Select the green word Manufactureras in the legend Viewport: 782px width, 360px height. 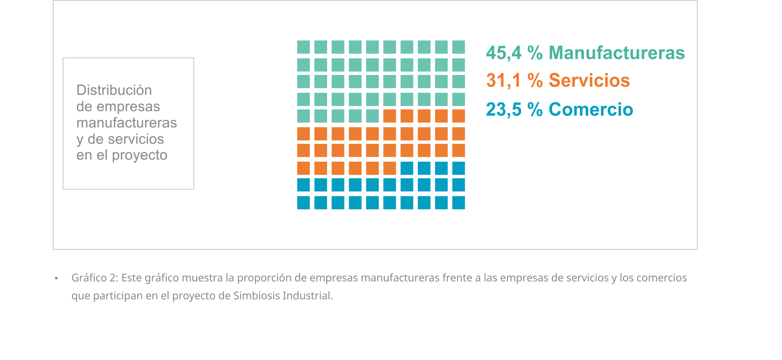click(617, 53)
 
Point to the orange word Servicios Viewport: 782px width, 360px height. click(589, 80)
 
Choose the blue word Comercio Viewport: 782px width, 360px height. click(591, 109)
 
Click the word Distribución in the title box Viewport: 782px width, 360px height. click(114, 90)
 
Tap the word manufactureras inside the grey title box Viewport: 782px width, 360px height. click(126, 123)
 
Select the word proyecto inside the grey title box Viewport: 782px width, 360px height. click(139, 155)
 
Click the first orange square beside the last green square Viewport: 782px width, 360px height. click(390, 116)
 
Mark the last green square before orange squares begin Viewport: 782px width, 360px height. click(372, 116)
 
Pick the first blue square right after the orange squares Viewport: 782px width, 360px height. click(407, 168)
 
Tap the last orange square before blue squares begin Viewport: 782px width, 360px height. click(390, 168)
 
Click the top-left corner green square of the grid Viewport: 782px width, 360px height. click(303, 47)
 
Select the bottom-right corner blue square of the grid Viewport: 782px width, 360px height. click(459, 202)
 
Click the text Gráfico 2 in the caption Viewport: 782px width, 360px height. click(94, 278)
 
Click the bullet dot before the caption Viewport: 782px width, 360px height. click(56, 278)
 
